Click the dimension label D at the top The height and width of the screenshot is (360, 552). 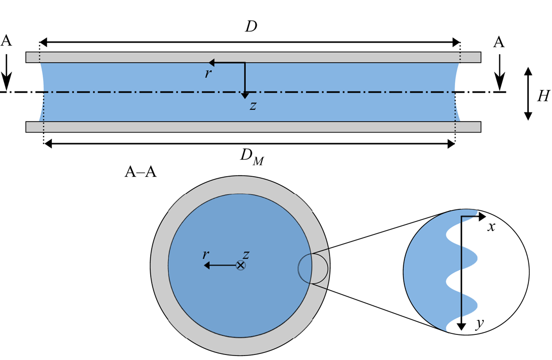251,27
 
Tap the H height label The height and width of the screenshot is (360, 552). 543,95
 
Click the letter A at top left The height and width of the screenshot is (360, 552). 6,41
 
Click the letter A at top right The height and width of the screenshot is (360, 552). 499,42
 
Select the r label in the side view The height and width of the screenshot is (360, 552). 208,73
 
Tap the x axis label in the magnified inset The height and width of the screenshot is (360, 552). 491,227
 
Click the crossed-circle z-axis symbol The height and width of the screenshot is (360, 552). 241,265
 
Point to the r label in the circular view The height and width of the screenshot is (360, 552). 205,254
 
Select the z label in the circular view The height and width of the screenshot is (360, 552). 246,255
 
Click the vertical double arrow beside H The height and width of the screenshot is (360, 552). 528,94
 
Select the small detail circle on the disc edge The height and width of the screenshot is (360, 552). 313,268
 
